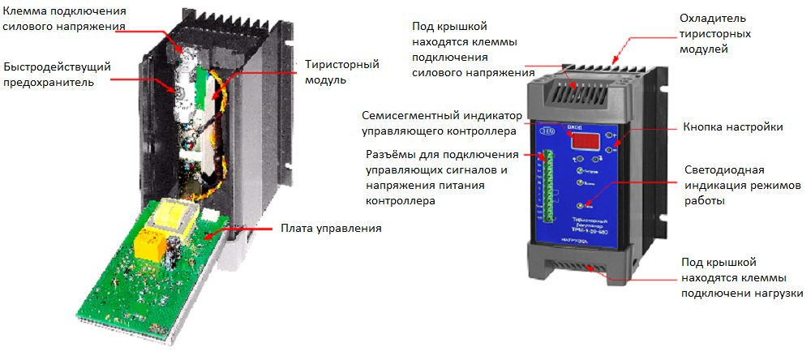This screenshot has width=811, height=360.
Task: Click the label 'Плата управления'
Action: click(x=330, y=229)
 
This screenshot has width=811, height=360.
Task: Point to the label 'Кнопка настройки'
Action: click(x=733, y=127)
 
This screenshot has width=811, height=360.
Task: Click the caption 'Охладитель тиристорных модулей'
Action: click(x=713, y=33)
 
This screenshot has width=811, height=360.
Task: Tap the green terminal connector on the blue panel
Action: click(x=548, y=186)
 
